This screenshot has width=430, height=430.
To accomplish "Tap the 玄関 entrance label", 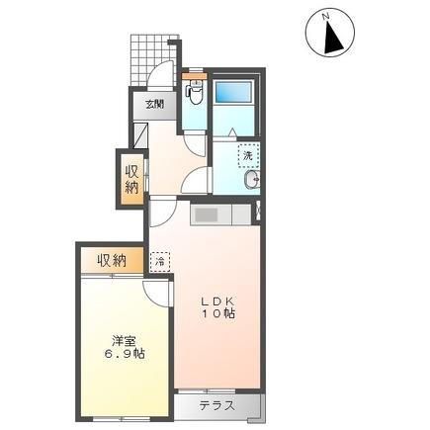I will tap(155, 103).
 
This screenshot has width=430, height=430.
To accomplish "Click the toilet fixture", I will tap(194, 94).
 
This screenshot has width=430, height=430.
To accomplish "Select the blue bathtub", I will tap(233, 95).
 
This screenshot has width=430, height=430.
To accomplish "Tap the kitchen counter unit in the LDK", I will tap(217, 215).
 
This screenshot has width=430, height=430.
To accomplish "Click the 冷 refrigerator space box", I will tap(160, 261).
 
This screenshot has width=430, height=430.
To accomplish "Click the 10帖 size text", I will tap(218, 314).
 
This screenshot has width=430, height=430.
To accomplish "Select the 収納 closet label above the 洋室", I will tap(112, 261).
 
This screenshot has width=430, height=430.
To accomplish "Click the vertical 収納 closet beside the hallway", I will tap(131, 176).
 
